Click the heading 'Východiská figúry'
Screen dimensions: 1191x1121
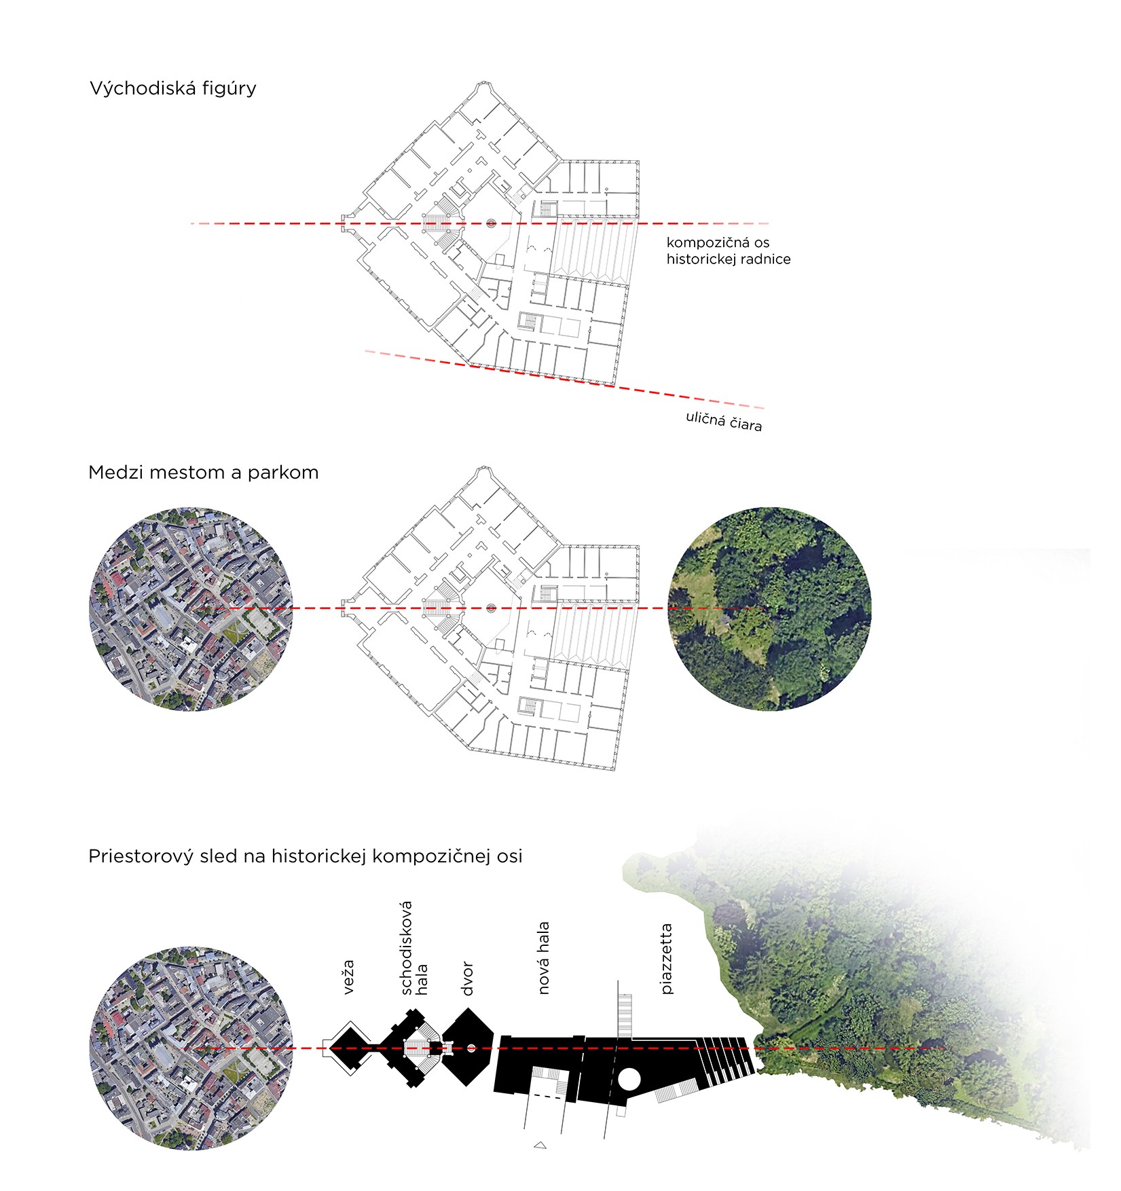click(x=172, y=89)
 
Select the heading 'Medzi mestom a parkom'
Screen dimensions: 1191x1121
click(x=203, y=473)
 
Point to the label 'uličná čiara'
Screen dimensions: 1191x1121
click(x=724, y=421)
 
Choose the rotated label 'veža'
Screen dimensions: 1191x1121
click(x=348, y=977)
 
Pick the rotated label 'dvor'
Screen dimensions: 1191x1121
click(x=466, y=978)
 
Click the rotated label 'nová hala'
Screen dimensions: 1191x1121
click(x=543, y=958)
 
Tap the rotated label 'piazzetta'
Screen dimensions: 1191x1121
click(x=667, y=959)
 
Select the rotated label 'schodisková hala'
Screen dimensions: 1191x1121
click(x=414, y=949)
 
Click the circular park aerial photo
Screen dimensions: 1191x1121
click(x=769, y=609)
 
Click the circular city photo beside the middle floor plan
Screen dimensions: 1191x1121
click(x=191, y=609)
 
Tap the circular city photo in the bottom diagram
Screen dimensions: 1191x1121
click(x=191, y=1049)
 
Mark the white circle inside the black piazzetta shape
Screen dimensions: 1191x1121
click(x=629, y=1079)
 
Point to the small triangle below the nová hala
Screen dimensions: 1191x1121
click(x=540, y=1146)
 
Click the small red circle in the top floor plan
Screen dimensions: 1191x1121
click(x=491, y=223)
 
